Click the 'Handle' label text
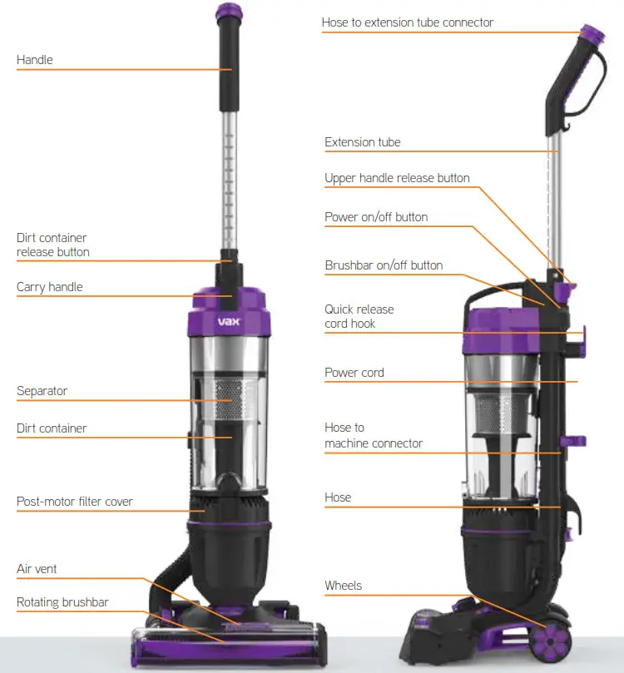34,60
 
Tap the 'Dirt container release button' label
52,245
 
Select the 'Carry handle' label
50,287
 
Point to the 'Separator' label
42,391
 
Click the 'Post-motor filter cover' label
75,502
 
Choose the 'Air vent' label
37,569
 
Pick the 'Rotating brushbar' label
62,602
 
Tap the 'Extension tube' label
362,142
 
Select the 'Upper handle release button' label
397,178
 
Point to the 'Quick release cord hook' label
359,316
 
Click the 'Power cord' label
354,373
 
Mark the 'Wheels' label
343,586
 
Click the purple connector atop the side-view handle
592,34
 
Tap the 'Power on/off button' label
376,217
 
